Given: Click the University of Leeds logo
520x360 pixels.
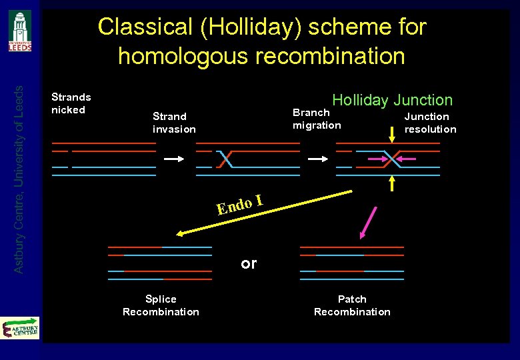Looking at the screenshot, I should click(19, 31).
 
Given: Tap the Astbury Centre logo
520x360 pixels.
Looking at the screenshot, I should click(20, 329).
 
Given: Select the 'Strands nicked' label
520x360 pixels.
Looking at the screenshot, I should click(71, 103).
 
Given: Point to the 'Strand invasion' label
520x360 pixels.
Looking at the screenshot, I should click(174, 122).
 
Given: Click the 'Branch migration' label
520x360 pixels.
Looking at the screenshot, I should click(316, 119).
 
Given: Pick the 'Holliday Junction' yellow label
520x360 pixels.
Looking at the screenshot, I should click(392, 100).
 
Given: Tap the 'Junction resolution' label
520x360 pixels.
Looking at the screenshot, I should click(430, 123).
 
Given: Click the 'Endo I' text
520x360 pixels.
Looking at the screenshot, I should click(238, 205).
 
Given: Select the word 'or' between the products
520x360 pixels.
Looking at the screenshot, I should click(249, 264).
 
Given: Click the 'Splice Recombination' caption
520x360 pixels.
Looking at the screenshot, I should click(161, 305).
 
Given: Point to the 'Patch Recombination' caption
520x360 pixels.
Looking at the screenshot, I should click(352, 305).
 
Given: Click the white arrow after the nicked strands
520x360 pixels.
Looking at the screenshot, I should click(173, 159).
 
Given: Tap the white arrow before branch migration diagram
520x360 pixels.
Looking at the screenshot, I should click(317, 159).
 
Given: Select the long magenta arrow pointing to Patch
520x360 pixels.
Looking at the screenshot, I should click(368, 223).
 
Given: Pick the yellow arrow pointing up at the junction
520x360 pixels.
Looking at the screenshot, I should click(392, 183).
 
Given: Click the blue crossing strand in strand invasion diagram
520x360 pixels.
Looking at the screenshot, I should click(225, 159).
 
